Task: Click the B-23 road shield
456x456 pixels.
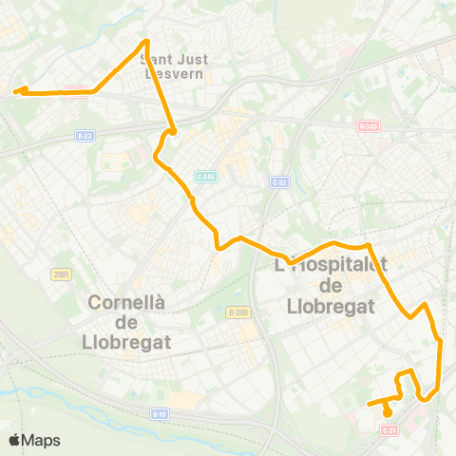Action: (x=84, y=136)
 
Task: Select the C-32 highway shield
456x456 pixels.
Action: (x=278, y=181)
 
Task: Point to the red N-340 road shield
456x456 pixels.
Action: (x=369, y=125)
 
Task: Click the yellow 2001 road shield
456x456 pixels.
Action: (x=62, y=274)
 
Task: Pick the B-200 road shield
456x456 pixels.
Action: (x=237, y=312)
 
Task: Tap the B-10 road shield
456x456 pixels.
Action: (x=161, y=413)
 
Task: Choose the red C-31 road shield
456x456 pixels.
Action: (x=388, y=430)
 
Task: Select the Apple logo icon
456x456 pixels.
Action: (x=15, y=440)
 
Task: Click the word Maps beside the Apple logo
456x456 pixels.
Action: (x=43, y=440)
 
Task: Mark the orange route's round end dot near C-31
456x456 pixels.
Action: (x=388, y=412)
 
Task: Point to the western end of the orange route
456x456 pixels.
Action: (x=16, y=91)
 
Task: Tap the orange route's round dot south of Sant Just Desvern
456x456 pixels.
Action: (x=173, y=131)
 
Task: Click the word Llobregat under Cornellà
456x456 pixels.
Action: (x=128, y=341)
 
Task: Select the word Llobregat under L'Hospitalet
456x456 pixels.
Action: (x=332, y=306)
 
